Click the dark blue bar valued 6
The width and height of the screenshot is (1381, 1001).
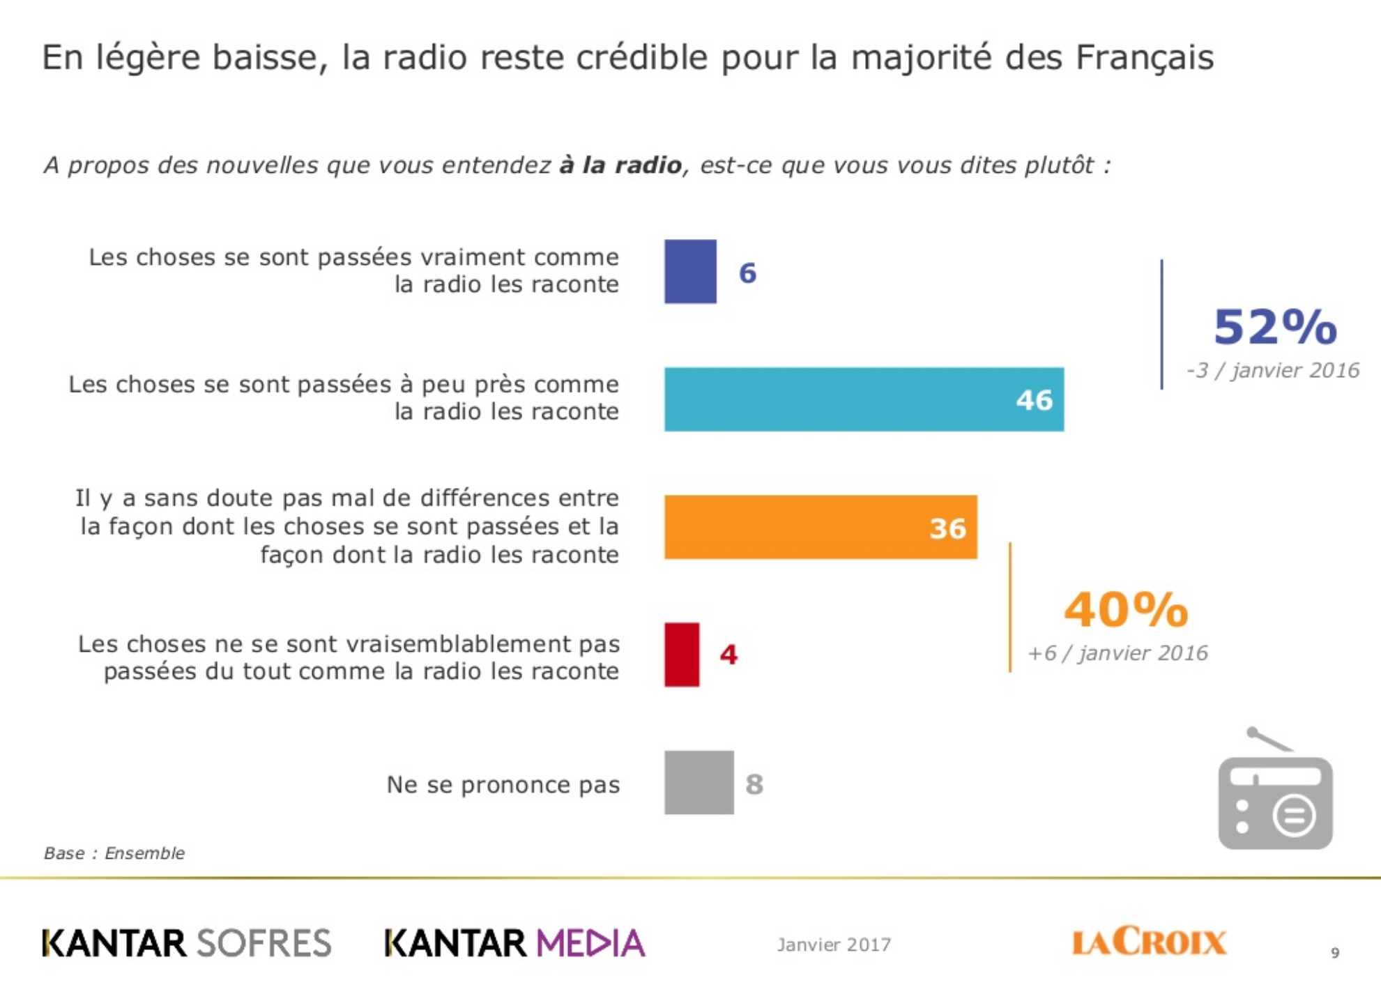coord(690,272)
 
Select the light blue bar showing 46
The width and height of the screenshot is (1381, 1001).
coord(864,399)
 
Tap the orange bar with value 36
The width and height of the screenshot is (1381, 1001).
coord(821,527)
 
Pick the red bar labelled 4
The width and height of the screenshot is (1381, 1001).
coord(682,655)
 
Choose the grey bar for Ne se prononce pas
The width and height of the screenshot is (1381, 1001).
coord(699,783)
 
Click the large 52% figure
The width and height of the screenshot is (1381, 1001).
coord(1275,327)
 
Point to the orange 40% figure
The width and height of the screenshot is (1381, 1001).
coord(1126,610)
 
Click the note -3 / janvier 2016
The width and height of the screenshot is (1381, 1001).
coord(1272,370)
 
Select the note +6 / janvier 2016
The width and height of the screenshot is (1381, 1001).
coord(1117,653)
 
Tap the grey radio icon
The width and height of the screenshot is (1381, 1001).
coord(1275,795)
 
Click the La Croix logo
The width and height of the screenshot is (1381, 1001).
coord(1149,942)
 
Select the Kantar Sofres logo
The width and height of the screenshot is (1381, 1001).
coord(187,943)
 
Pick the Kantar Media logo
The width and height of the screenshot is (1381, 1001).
coord(515,943)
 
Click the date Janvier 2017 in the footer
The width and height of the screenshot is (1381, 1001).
coord(834,945)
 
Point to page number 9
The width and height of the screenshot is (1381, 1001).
coord(1335,953)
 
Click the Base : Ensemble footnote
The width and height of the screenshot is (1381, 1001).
coord(114,853)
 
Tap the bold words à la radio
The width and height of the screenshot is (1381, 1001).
coord(620,165)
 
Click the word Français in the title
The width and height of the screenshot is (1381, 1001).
coord(1144,57)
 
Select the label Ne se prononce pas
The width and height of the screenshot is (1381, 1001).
coord(503,785)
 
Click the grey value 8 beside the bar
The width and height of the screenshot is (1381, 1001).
coord(754,784)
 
